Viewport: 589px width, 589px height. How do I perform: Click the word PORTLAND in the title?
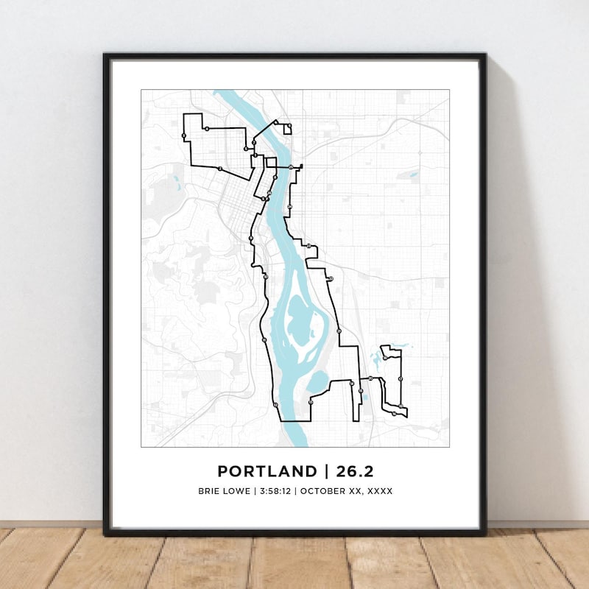[264, 470]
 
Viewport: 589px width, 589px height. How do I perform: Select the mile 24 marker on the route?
[291, 206]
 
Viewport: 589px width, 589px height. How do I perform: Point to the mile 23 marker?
[309, 246]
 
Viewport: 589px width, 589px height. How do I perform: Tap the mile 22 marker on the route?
[331, 278]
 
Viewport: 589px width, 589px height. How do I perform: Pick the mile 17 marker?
[400, 379]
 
